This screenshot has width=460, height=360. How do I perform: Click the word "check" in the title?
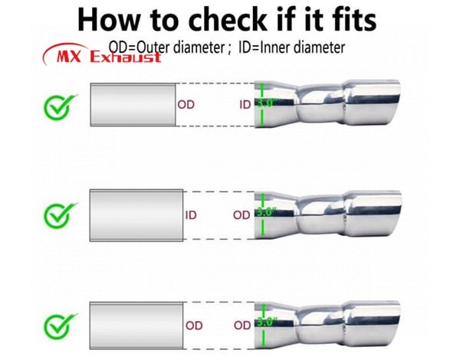click(228, 19)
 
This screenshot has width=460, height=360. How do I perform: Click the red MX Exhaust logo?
click(102, 54)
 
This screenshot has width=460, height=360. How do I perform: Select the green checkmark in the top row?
click(61, 107)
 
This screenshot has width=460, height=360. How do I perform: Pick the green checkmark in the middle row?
click(61, 215)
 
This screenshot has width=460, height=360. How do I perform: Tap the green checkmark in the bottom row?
click(61, 326)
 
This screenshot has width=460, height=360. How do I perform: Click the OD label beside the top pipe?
click(186, 104)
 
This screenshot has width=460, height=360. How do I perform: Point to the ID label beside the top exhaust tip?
click(245, 105)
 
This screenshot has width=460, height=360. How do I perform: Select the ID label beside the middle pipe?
click(191, 215)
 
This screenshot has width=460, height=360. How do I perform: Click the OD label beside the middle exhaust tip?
click(242, 215)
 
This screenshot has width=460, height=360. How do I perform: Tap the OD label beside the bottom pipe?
click(194, 326)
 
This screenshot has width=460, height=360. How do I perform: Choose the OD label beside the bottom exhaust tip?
click(242, 326)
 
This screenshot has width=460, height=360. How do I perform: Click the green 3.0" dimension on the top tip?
click(266, 103)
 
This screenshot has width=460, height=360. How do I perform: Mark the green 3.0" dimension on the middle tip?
click(266, 212)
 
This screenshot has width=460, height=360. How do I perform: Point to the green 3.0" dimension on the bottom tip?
click(266, 322)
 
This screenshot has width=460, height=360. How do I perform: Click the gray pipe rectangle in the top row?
click(133, 105)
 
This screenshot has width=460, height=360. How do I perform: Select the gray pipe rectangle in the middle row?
click(136, 215)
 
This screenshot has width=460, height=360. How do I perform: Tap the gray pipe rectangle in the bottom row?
click(136, 326)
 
